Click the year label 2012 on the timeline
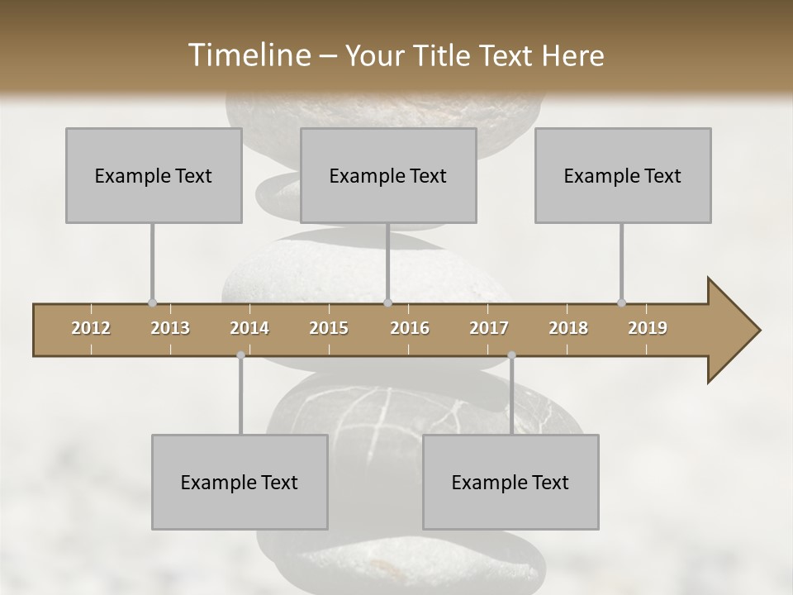click(x=91, y=328)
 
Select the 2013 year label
click(x=170, y=328)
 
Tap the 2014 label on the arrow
click(x=249, y=328)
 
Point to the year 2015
click(x=329, y=328)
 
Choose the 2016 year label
click(x=410, y=328)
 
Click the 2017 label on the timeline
click(x=489, y=328)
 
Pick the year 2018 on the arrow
click(x=568, y=328)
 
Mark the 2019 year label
click(x=648, y=328)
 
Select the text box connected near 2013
click(x=154, y=175)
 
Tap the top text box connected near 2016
click(x=388, y=175)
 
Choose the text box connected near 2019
click(x=623, y=175)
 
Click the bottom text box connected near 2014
click(x=240, y=482)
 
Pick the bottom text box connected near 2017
click(x=510, y=482)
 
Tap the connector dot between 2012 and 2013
click(x=153, y=302)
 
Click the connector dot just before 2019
click(x=622, y=302)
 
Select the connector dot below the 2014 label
click(x=240, y=355)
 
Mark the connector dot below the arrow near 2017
click(x=511, y=355)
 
